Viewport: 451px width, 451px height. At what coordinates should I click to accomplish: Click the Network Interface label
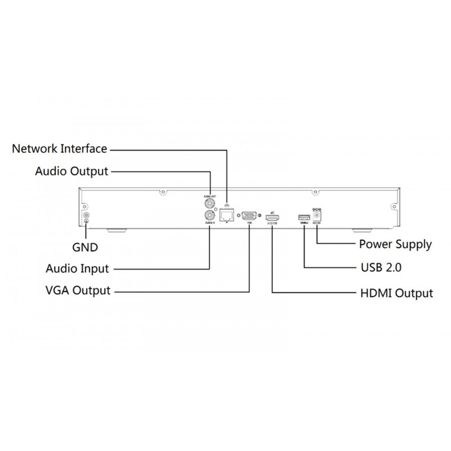60,148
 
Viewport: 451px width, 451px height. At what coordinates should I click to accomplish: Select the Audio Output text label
72,171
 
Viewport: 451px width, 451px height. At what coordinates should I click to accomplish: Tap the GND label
85,247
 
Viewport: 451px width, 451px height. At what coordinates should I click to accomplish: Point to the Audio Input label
77,269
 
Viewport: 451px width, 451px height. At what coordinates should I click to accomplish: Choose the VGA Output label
78,290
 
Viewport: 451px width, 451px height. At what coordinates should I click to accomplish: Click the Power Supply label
395,244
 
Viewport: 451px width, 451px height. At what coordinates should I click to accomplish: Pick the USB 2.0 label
381,267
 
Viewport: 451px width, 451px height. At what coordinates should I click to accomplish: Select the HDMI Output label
397,293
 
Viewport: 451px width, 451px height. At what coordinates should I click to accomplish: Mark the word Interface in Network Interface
84,148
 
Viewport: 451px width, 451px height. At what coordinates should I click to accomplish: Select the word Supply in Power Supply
414,245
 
